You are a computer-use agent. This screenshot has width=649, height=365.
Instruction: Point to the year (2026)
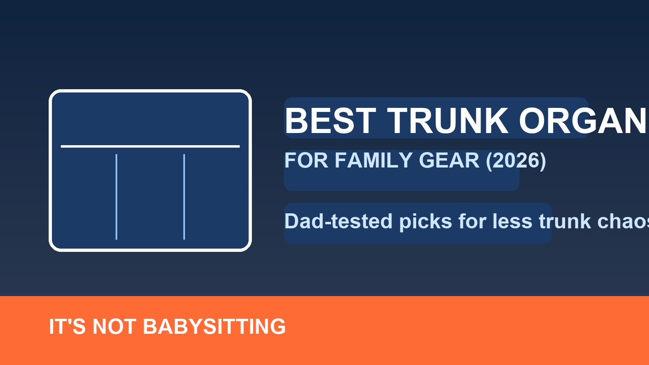[x=516, y=161]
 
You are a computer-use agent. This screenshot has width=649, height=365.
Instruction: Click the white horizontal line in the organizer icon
[x=150, y=146]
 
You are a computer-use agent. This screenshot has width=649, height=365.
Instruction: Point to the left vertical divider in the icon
[x=116, y=197]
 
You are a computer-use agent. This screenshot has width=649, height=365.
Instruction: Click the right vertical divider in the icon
[x=184, y=197]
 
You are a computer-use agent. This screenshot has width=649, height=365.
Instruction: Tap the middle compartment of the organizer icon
[x=150, y=197]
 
